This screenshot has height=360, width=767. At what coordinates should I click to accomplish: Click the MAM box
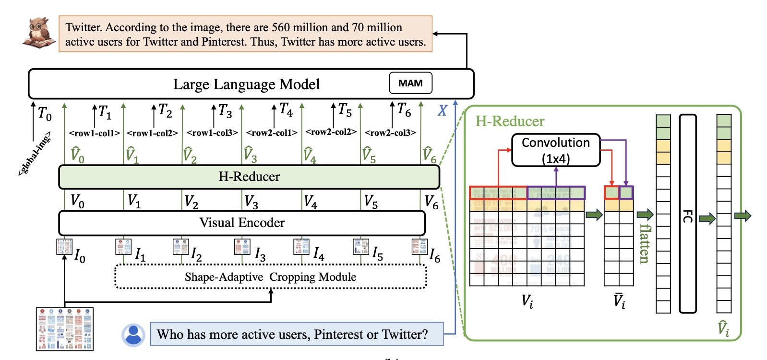(410, 83)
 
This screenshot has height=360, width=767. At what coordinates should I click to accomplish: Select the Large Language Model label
(246, 84)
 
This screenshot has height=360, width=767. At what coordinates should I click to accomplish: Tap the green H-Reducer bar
(249, 177)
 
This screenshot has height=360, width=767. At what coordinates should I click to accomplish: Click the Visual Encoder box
(242, 223)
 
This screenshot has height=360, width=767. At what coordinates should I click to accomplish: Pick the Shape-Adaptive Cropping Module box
(271, 277)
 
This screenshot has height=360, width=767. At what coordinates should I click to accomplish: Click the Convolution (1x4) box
(556, 150)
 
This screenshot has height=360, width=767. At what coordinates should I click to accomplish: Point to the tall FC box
(687, 214)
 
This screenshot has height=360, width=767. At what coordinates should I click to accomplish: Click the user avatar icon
(133, 335)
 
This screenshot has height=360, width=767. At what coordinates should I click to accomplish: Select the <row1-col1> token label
(95, 133)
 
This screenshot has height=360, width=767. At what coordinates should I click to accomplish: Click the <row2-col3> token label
(390, 132)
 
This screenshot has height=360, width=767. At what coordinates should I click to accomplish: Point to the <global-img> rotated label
(34, 156)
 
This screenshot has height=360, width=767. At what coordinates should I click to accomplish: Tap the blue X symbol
(442, 111)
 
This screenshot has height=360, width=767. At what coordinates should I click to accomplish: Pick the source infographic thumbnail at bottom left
(65, 329)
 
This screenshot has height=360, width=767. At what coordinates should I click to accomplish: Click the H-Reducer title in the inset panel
(510, 121)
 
